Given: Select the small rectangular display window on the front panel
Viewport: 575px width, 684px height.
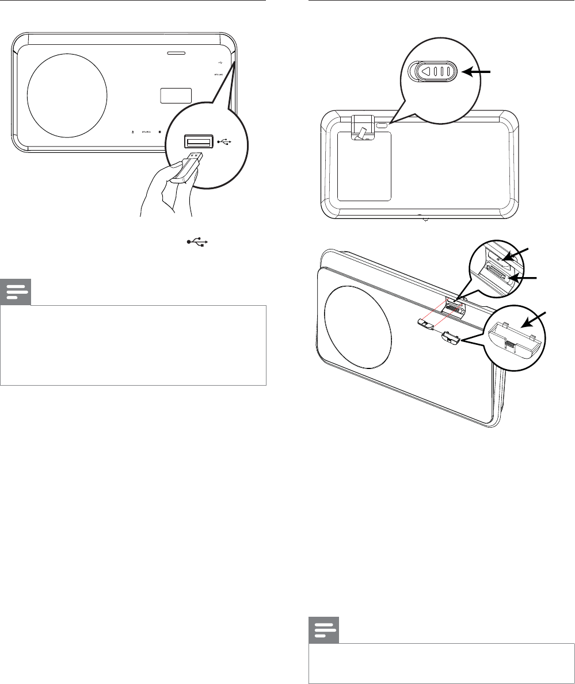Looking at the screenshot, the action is coord(176,95).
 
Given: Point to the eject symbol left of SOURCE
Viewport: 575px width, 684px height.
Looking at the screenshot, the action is coord(133,132).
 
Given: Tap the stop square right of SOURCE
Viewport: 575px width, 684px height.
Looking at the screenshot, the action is coord(159,132).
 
